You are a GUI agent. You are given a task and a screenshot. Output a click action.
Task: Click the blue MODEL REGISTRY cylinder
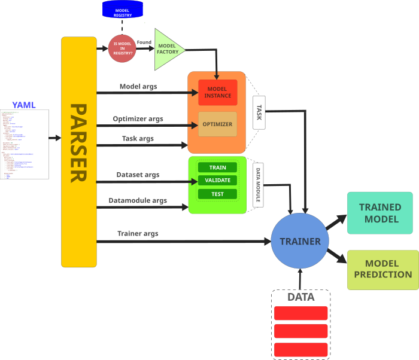coord(123,8)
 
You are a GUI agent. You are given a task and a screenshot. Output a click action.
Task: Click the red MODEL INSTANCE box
coord(218,92)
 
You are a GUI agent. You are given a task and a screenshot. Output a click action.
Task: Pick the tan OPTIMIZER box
coord(217,124)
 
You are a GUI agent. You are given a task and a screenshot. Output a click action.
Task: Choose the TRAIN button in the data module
coord(217,167)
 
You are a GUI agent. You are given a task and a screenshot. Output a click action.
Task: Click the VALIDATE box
coord(217,181)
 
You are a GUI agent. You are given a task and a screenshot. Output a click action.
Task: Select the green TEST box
coord(217,194)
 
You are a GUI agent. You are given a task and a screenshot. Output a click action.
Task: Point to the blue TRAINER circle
coord(300,242)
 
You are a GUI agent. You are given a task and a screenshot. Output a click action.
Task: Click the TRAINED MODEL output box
coord(380,213)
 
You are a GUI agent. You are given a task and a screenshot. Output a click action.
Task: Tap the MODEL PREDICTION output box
coord(383,270)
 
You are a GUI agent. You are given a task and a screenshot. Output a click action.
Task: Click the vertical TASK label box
coord(259,112)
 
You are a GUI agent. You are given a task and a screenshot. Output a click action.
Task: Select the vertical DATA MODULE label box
coord(259,184)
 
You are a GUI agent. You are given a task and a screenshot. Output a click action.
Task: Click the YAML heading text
coord(24,105)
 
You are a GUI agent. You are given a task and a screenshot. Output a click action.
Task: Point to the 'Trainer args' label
coord(138,233)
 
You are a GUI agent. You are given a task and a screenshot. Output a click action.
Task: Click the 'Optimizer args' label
coord(138,118)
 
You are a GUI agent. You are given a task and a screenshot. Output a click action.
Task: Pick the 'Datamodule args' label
coord(138,200)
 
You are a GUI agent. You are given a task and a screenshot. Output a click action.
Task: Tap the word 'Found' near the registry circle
coord(144,42)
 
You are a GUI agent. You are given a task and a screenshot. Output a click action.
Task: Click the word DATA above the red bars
coord(300,297)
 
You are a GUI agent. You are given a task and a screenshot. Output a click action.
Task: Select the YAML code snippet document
coord(24,144)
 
